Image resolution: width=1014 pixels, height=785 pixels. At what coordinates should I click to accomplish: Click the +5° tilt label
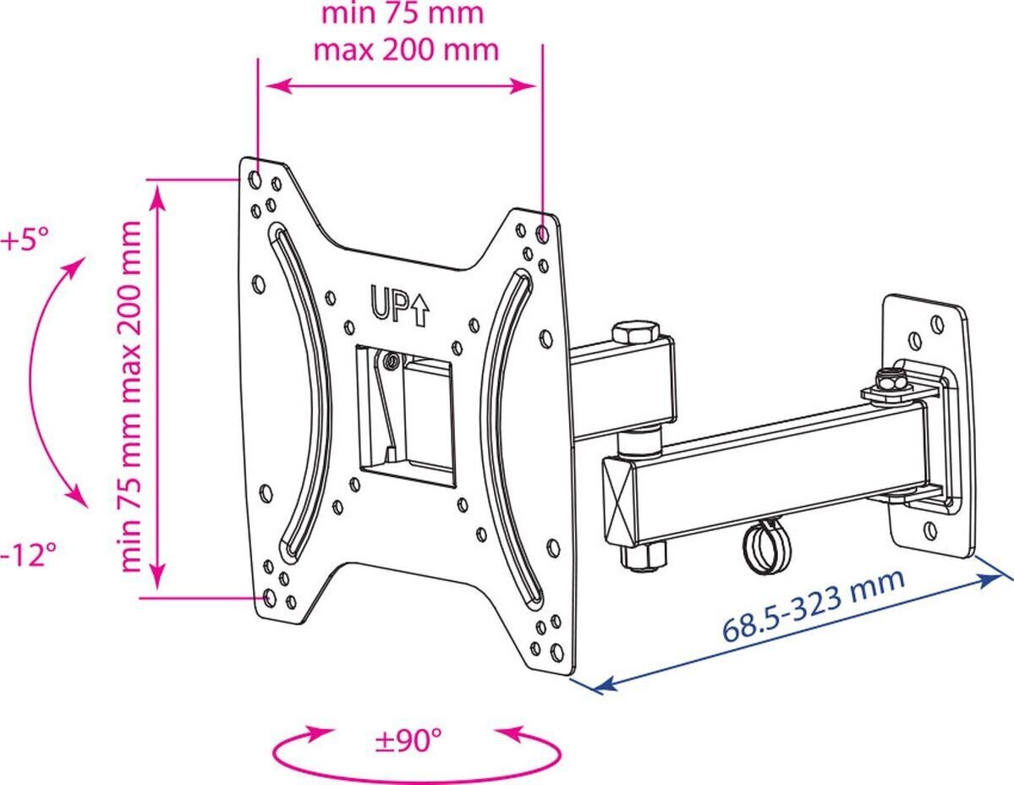coord(25,240)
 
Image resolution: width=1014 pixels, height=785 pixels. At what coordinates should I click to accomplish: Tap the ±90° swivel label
coord(408,739)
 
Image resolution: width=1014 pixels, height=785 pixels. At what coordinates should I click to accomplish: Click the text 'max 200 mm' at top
coord(406,49)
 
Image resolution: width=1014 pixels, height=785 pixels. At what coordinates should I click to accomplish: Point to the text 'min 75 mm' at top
coord(403,13)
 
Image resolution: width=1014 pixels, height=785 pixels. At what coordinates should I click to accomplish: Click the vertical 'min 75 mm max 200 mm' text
coord(130,396)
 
